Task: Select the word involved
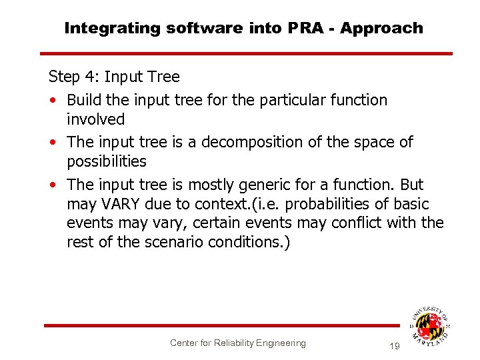click(x=95, y=119)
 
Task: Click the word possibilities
click(x=106, y=161)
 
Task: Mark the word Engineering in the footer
click(x=280, y=343)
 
